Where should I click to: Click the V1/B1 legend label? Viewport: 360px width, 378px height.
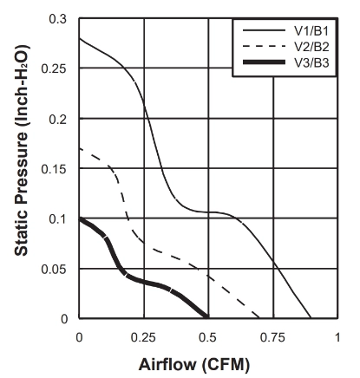click(x=311, y=31)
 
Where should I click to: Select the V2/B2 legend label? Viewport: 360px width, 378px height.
click(x=311, y=47)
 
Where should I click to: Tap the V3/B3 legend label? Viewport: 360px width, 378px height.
click(x=311, y=62)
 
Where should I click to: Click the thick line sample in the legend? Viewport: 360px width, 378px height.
click(x=264, y=62)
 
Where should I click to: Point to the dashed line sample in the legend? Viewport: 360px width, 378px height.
click(x=264, y=46)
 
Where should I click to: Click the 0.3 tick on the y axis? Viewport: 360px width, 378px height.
click(x=58, y=19)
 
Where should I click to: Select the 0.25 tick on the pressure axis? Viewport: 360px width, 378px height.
click(x=54, y=68)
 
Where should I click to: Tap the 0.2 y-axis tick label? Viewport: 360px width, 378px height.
click(x=58, y=119)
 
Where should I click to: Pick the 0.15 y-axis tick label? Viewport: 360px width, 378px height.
click(x=54, y=169)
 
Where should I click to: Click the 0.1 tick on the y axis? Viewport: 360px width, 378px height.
click(x=58, y=219)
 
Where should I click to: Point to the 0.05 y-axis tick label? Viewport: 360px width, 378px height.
click(x=54, y=270)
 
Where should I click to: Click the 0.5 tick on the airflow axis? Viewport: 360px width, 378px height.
click(x=207, y=337)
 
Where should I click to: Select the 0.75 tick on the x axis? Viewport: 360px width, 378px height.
click(x=272, y=337)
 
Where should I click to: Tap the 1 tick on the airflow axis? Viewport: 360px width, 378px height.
click(x=337, y=337)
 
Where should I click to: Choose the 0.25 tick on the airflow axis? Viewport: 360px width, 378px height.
click(x=143, y=337)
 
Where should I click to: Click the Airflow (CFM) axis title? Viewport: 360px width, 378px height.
click(x=194, y=364)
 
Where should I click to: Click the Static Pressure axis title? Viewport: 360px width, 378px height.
click(x=22, y=150)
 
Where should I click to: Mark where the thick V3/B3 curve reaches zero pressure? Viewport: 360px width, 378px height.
click(x=207, y=317)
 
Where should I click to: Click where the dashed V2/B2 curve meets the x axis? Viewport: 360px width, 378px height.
click(x=259, y=318)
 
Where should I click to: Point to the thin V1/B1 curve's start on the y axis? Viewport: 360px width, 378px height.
click(x=80, y=38)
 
